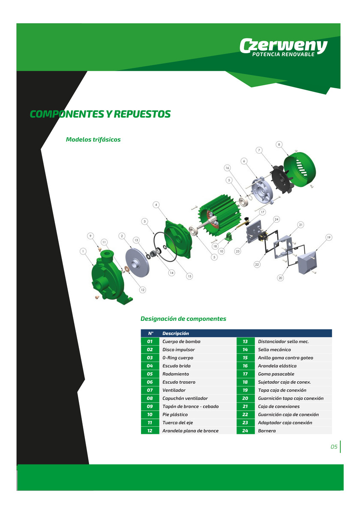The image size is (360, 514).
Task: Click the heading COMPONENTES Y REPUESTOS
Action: pos(100,114)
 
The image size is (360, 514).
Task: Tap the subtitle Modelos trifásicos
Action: pos(93,140)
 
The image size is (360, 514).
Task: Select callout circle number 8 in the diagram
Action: pos(279,144)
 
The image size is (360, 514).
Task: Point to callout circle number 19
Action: pos(329,237)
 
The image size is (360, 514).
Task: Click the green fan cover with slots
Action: pos(300,170)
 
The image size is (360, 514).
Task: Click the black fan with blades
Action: pos(281,179)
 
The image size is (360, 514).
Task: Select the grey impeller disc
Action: pos(137,262)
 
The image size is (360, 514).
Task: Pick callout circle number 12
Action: pos(143,290)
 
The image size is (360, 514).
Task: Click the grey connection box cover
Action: pos(307,262)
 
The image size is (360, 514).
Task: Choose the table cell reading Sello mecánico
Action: pos(274,350)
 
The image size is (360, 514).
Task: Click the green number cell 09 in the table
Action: pos(150,406)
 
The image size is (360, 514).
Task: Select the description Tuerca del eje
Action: pos(177,423)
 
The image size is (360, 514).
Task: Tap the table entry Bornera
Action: pos(267,431)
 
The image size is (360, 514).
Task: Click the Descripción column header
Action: pos(176,333)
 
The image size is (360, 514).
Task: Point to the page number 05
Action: pos(334,446)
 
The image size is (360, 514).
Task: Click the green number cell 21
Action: pos(246,406)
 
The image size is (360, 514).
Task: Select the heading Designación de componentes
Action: pos(183,319)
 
